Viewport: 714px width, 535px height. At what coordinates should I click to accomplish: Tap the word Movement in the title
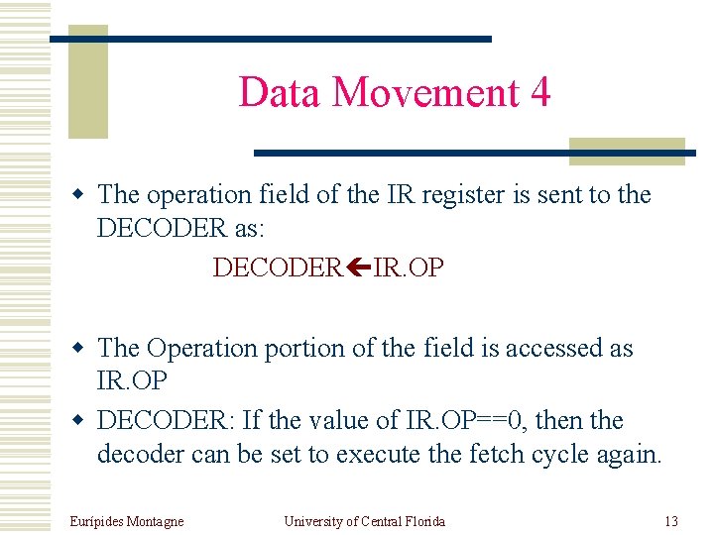click(425, 93)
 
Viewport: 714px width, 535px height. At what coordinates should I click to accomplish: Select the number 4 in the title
click(540, 93)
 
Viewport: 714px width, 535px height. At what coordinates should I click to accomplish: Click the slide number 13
click(671, 521)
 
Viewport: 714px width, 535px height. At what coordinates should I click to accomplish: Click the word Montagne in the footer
click(157, 521)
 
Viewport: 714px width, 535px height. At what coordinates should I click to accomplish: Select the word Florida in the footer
click(423, 521)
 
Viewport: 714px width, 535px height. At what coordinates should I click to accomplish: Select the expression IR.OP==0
click(467, 421)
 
